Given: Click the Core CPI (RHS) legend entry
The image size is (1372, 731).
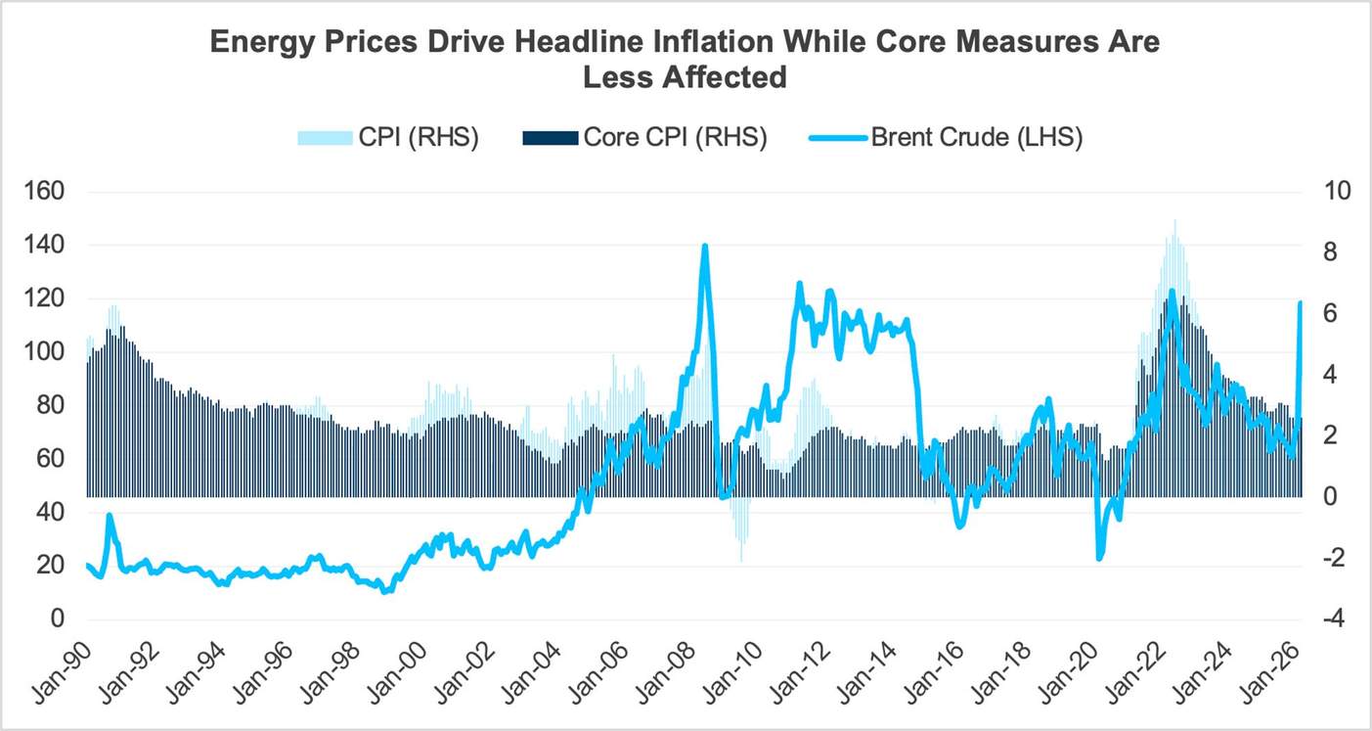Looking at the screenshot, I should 646,138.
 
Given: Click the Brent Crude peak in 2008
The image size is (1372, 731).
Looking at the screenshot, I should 704,247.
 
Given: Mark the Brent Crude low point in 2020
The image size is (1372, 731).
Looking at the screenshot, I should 1099,558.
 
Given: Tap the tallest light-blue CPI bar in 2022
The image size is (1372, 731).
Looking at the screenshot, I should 1173,221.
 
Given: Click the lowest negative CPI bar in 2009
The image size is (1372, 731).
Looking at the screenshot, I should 740,560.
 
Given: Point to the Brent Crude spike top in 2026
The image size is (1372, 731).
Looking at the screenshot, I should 1301,303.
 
